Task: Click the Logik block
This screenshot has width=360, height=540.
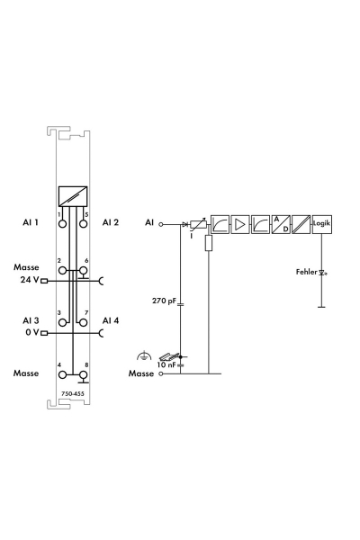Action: pos(322,224)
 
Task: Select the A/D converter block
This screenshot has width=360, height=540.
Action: pos(281,224)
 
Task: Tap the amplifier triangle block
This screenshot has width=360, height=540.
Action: pos(240,224)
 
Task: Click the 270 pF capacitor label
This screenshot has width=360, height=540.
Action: pos(164,301)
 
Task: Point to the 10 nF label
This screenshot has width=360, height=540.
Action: pos(166,364)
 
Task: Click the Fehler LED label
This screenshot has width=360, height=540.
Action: pos(306,272)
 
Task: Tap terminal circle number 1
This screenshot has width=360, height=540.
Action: pos(62,224)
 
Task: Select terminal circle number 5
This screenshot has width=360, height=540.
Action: pos(83,224)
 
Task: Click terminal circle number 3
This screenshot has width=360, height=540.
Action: pos(62,323)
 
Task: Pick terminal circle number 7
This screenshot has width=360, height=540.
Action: pos(83,323)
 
